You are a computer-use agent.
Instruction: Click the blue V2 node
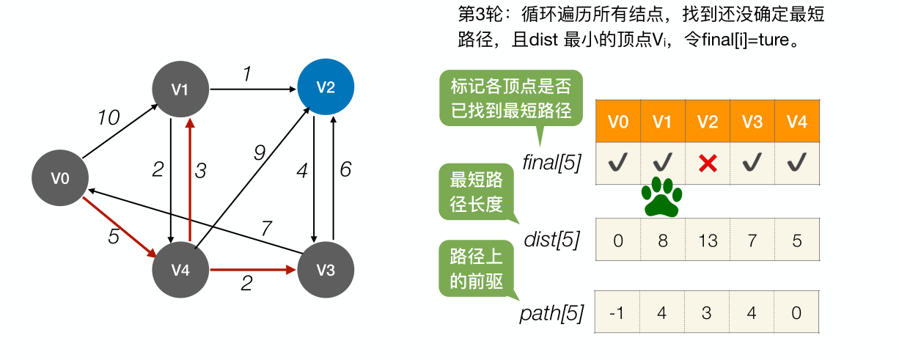[326, 88]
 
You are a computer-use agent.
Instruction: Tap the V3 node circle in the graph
[326, 270]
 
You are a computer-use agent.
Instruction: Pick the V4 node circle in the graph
[180, 270]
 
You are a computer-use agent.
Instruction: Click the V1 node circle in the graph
[180, 89]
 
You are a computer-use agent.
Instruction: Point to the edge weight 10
[109, 117]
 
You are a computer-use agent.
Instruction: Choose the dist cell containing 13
[707, 240]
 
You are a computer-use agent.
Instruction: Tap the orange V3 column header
[752, 122]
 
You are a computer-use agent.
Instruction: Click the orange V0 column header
[617, 122]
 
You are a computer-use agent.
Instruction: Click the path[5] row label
[551, 315]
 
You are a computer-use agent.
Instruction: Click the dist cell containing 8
[662, 240]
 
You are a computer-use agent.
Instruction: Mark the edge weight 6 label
[345, 169]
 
